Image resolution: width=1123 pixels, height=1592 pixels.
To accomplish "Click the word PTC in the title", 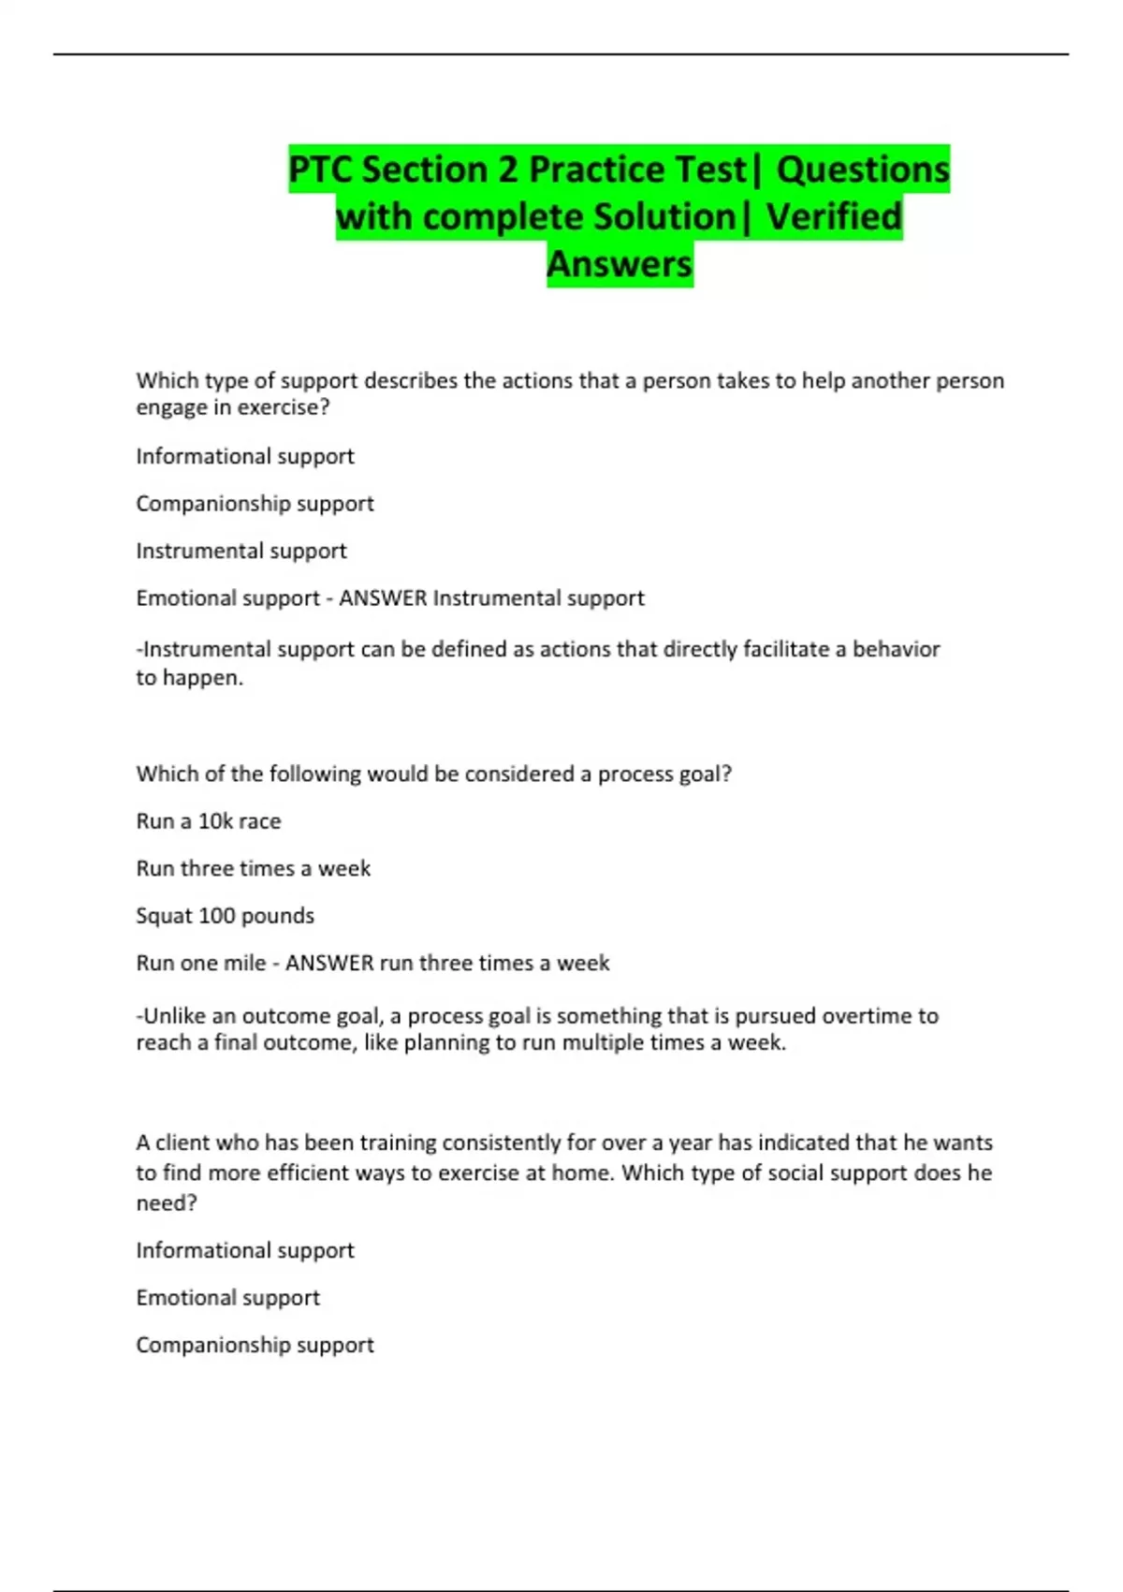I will click(320, 170).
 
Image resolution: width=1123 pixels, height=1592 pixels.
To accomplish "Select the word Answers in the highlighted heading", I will click(620, 264).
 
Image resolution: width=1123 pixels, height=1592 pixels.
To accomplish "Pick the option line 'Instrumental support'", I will click(241, 551).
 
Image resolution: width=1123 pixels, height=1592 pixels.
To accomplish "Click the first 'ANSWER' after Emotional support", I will click(382, 598).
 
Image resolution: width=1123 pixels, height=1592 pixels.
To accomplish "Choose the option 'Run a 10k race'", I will click(208, 821).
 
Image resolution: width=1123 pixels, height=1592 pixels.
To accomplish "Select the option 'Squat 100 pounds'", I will click(225, 916).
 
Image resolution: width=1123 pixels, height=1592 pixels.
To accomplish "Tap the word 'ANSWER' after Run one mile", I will click(328, 963).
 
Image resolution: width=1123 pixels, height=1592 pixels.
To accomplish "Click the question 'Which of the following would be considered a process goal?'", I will click(433, 774).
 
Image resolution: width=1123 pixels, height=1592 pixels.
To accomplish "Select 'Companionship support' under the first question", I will click(255, 504).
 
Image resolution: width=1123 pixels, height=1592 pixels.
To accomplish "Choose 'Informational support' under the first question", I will click(244, 456).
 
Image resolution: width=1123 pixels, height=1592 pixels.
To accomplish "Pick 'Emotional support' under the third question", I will click(227, 1298).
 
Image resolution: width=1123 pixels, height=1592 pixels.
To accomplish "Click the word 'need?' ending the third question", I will click(167, 1203).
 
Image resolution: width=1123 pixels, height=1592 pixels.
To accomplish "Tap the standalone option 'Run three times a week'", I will click(253, 868).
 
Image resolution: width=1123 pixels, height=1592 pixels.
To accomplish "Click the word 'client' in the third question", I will click(181, 1142).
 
